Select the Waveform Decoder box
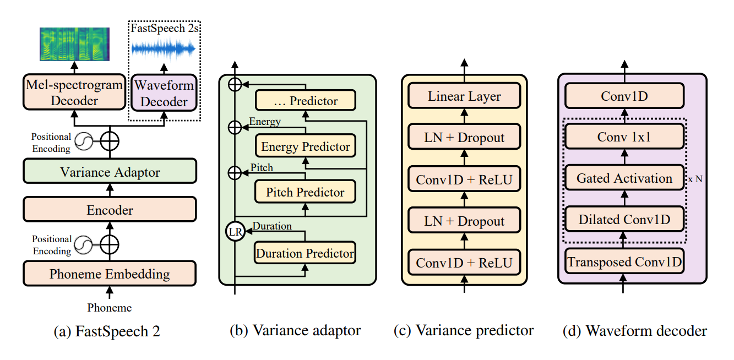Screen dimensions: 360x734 [164, 93]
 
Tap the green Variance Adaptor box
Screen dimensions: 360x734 [110, 172]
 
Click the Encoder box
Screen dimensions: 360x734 [110, 210]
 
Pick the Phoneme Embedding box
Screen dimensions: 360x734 [110, 274]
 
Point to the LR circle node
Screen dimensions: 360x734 [235, 232]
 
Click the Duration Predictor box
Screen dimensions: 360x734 [305, 253]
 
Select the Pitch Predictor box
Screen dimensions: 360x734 [305, 192]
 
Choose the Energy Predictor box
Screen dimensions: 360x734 [305, 147]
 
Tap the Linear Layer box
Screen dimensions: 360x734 [464, 96]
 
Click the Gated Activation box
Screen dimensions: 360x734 [624, 178]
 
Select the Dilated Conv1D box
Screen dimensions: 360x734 [624, 220]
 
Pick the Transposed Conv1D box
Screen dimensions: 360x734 [624, 261]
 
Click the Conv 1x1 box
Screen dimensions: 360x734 [624, 137]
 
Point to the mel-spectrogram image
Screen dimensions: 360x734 [74, 43]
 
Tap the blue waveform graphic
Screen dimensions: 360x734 [163, 50]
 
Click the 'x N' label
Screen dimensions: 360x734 [695, 179]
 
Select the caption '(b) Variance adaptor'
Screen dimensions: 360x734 [295, 330]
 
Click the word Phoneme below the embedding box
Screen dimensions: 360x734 [110, 308]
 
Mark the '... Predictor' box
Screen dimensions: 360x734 [305, 101]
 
